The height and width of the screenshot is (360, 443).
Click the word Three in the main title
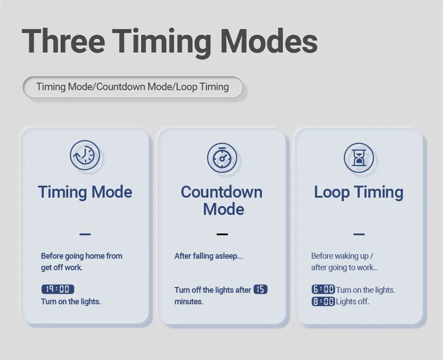pos(63,40)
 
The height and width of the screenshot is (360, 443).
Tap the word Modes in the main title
pos(269,40)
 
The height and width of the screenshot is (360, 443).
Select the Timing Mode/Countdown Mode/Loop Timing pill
pos(133,87)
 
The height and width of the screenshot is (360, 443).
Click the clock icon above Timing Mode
pos(85,155)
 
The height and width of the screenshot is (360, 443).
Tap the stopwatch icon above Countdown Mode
pos(222,157)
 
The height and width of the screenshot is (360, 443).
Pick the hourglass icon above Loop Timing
pos(359,157)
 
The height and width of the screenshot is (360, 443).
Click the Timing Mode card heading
pos(85,192)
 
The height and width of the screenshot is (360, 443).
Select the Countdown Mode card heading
pos(222,200)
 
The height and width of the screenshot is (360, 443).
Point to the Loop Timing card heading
pos(359,192)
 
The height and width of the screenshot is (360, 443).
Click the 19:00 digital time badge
pos(58,289)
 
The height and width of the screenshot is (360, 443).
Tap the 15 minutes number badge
pos(260,290)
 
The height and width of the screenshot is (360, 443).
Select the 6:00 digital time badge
pos(323,290)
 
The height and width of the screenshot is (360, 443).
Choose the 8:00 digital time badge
pos(323,301)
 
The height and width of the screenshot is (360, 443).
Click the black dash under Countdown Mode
pos(222,234)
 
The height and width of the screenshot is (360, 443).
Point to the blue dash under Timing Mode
pos(85,234)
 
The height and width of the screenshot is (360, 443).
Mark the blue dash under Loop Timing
pos(359,234)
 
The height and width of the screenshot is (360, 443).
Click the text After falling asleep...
pos(209,256)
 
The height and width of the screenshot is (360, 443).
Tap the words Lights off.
pos(352,301)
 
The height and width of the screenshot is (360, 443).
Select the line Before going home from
pos(82,256)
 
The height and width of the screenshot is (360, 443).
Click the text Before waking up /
pos(342,256)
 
